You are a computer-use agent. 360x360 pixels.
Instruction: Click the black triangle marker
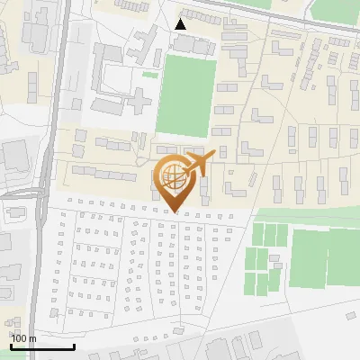(x=181, y=24)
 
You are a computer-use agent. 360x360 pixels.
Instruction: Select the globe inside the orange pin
(x=175, y=177)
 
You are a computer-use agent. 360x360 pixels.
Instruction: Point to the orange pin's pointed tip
(x=175, y=212)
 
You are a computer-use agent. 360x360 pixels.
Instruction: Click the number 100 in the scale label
(x=20, y=338)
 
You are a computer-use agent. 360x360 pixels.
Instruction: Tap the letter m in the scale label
(x=32, y=338)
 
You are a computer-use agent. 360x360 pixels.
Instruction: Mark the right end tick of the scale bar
(x=74, y=346)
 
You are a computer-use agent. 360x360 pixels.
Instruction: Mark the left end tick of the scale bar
(x=10, y=346)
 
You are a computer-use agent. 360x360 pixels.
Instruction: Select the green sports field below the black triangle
(x=187, y=96)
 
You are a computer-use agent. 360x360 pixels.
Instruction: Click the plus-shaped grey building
(x=132, y=96)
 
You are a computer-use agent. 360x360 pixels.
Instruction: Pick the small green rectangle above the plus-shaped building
(x=149, y=75)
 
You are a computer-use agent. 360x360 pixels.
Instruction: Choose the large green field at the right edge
(x=324, y=257)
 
